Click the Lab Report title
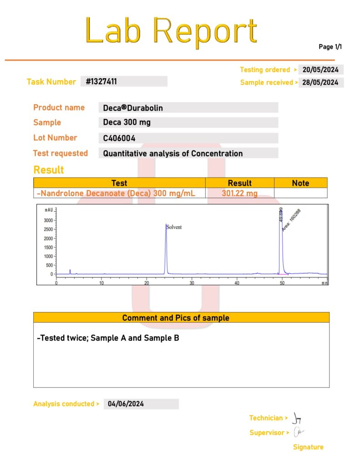click(x=171, y=31)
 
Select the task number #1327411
click(x=101, y=82)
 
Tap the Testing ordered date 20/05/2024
click(x=321, y=70)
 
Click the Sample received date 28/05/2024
click(x=321, y=82)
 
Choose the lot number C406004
click(x=119, y=138)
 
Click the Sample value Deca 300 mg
click(x=127, y=122)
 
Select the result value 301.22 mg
click(x=239, y=193)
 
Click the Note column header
click(x=300, y=183)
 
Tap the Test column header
click(x=119, y=183)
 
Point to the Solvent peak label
click(x=174, y=227)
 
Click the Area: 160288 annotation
click(x=291, y=220)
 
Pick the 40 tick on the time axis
click(x=237, y=283)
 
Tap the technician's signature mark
click(x=297, y=417)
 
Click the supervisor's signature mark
click(x=299, y=432)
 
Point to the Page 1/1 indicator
click(x=330, y=46)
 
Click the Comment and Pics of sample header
click(x=181, y=318)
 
